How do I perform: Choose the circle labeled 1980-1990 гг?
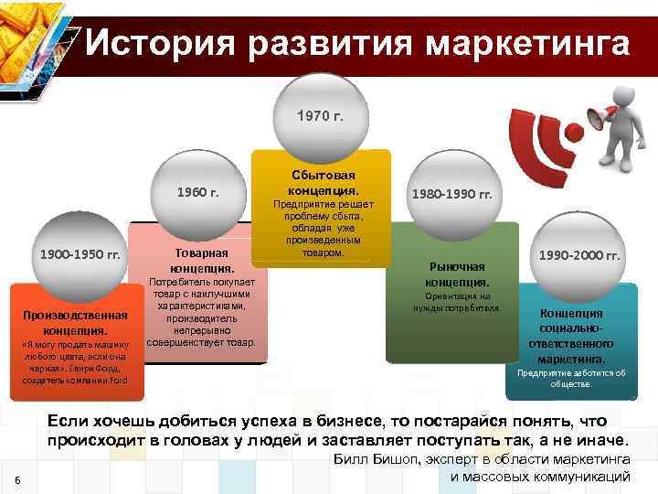click(451, 195)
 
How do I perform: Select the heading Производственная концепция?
click(77, 322)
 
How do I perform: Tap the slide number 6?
click(19, 483)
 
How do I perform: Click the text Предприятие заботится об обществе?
click(571, 378)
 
